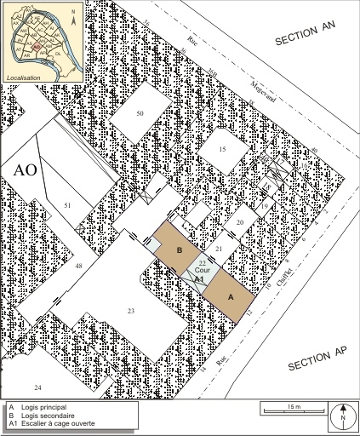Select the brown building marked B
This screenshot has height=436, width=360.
[x=179, y=250]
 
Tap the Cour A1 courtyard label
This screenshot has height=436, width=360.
[x=198, y=272]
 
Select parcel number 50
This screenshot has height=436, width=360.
[x=140, y=113]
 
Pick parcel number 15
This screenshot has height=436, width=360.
[x=222, y=150]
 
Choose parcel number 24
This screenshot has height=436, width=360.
[x=37, y=387]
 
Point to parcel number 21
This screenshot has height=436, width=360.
[x=218, y=248]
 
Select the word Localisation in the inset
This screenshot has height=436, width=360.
[x=24, y=77]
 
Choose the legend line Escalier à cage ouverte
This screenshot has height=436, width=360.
[x=56, y=423]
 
